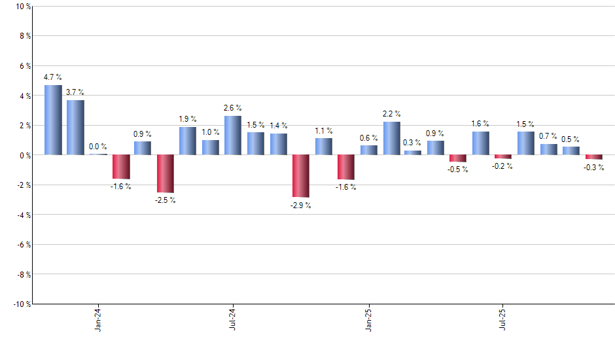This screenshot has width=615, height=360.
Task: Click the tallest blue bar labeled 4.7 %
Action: (x=53, y=120)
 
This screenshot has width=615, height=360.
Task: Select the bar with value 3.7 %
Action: (x=75, y=128)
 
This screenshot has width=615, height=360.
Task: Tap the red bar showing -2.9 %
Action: (x=300, y=176)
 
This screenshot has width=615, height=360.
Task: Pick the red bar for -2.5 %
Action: (x=166, y=173)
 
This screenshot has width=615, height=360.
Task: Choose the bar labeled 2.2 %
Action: (x=392, y=138)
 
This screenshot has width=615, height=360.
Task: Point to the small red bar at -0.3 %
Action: (x=594, y=157)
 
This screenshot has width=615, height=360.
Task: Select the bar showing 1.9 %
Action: (x=188, y=141)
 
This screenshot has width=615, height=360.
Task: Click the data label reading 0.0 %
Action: (x=98, y=147)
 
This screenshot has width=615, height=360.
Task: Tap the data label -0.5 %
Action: (x=458, y=170)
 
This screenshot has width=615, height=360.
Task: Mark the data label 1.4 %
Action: (x=278, y=125)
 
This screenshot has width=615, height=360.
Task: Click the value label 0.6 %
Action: (x=369, y=138)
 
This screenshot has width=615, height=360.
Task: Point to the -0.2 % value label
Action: (x=503, y=166)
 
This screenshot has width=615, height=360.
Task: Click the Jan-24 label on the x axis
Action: (x=98, y=320)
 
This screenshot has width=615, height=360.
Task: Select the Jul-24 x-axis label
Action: (x=233, y=320)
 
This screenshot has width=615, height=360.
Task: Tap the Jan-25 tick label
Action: (x=369, y=320)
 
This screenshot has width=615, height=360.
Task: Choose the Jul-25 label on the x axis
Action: (x=503, y=320)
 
